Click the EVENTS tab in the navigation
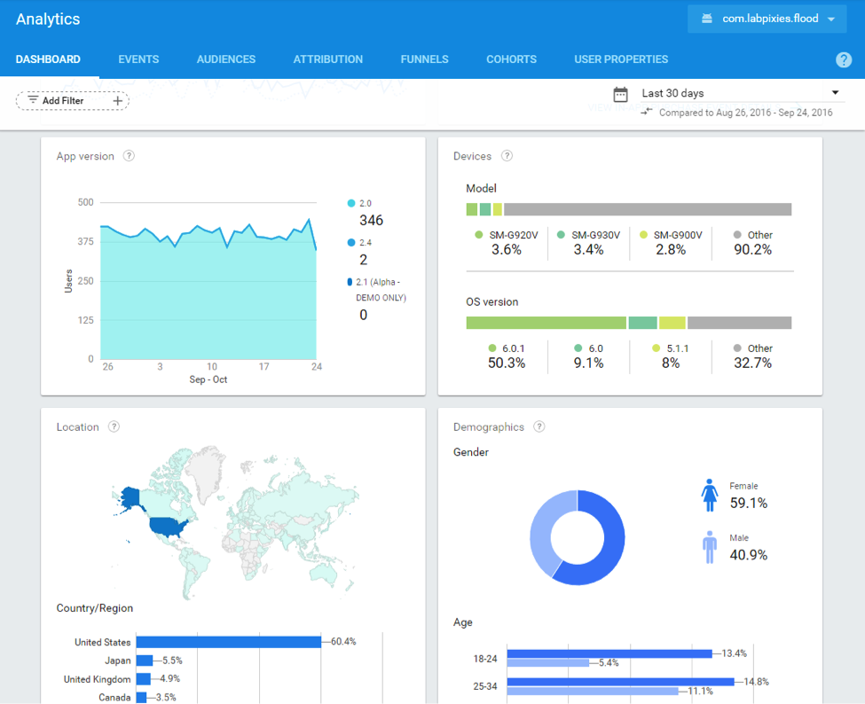tap(138, 59)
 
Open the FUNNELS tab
tap(424, 59)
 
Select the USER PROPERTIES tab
tap(621, 59)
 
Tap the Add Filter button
tap(72, 101)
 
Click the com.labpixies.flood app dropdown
tap(767, 19)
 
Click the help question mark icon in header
tap(844, 59)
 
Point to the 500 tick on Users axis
tap(85, 202)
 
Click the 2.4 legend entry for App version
tap(365, 242)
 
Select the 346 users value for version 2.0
tap(371, 220)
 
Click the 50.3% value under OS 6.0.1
tap(507, 363)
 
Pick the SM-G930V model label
tap(595, 235)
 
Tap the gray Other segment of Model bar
tap(647, 209)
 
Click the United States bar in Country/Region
tap(228, 642)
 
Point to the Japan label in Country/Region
tap(117, 661)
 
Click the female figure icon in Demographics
tap(709, 495)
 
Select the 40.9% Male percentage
tap(748, 555)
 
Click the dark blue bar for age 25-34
tap(620, 682)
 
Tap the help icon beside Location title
tap(114, 426)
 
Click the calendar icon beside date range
tap(621, 94)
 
